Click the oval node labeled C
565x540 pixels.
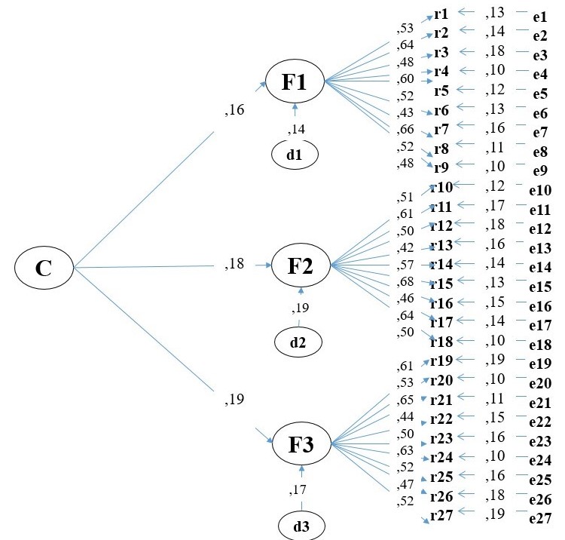tap(44, 268)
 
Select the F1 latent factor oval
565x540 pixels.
tap(295, 82)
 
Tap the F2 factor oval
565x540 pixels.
tap(301, 265)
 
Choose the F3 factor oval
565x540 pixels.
tap(301, 443)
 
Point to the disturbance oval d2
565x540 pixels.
tap(298, 342)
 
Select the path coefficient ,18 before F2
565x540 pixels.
tap(235, 265)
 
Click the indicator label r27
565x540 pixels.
tap(441, 515)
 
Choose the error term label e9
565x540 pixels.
tap(539, 170)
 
